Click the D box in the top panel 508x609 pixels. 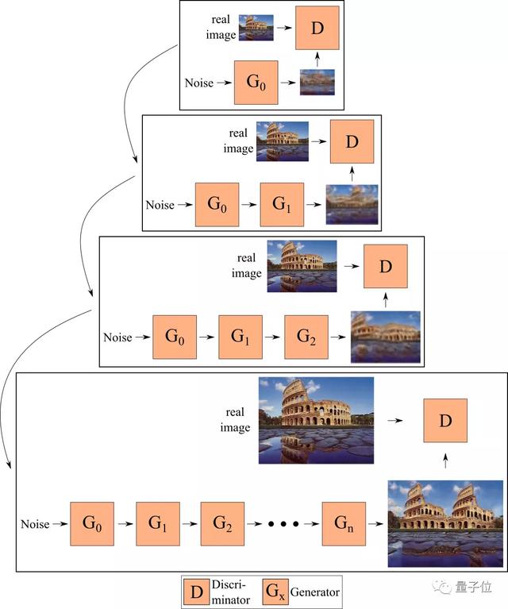point(317,28)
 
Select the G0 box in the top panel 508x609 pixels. point(256,83)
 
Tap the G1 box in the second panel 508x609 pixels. point(282,205)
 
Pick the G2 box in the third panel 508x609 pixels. point(306,337)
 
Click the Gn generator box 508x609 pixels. point(344,523)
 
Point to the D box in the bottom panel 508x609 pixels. point(445,421)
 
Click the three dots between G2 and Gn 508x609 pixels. point(283,524)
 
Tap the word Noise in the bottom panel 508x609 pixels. point(35,524)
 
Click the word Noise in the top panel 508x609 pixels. point(199,83)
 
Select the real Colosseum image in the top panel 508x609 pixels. point(256,28)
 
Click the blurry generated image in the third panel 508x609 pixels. point(386,337)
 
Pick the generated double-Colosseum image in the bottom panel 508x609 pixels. point(445,523)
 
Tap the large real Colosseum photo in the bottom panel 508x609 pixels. point(316,420)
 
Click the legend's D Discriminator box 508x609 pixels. point(197,592)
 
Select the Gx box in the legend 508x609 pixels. point(275,592)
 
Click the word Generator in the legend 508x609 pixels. point(315,592)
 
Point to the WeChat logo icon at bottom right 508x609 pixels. point(441,587)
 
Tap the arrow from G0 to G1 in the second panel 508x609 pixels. point(249,205)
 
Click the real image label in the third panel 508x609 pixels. point(246,266)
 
